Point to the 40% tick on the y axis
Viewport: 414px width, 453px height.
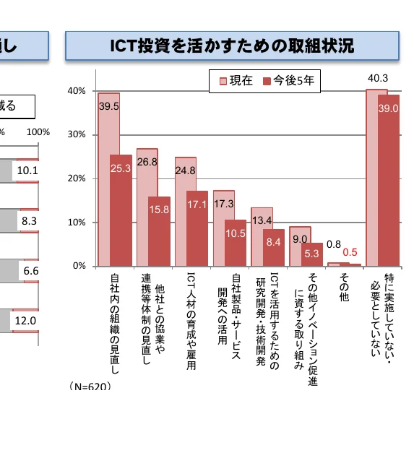[77, 91]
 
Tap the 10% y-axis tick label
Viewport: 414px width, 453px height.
[77, 223]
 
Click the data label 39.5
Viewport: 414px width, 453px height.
[109, 105]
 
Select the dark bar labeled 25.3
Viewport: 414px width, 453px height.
[121, 210]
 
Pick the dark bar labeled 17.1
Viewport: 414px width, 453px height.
[197, 228]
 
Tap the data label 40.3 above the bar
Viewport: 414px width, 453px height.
[377, 78]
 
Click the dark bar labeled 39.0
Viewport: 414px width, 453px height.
[389, 181]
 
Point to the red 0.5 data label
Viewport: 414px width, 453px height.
[350, 252]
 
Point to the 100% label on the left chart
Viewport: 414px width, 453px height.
[38, 132]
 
